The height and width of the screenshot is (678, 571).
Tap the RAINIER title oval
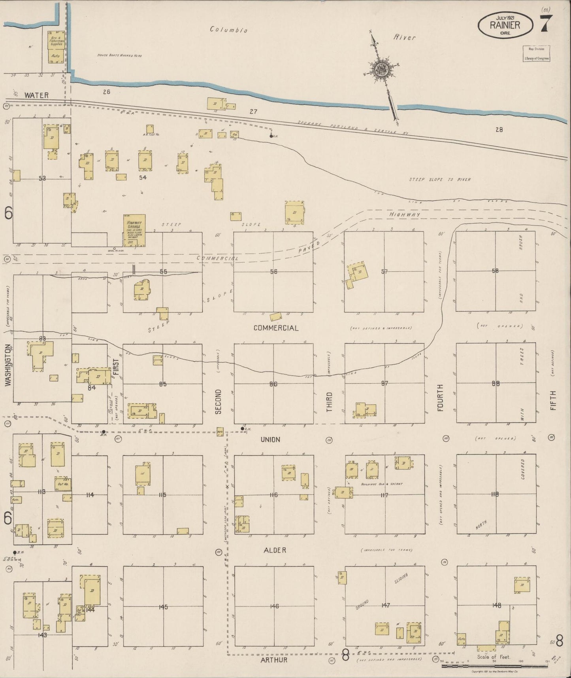[505, 26]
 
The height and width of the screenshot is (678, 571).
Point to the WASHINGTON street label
[8, 365]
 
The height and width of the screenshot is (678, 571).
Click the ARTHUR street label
[274, 659]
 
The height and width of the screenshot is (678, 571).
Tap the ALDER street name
[273, 550]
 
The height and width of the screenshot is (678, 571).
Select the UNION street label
[270, 439]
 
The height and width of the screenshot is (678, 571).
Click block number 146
[274, 606]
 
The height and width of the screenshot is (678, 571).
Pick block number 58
[495, 271]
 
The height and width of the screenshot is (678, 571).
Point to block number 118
[495, 494]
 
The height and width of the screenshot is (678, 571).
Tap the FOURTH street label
[440, 397]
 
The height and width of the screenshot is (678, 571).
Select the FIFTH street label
[552, 400]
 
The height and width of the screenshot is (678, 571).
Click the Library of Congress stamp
[537, 53]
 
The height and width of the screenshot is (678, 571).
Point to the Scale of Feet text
[494, 657]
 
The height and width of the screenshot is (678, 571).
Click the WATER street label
[36, 95]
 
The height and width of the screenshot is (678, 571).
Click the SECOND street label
[218, 401]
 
